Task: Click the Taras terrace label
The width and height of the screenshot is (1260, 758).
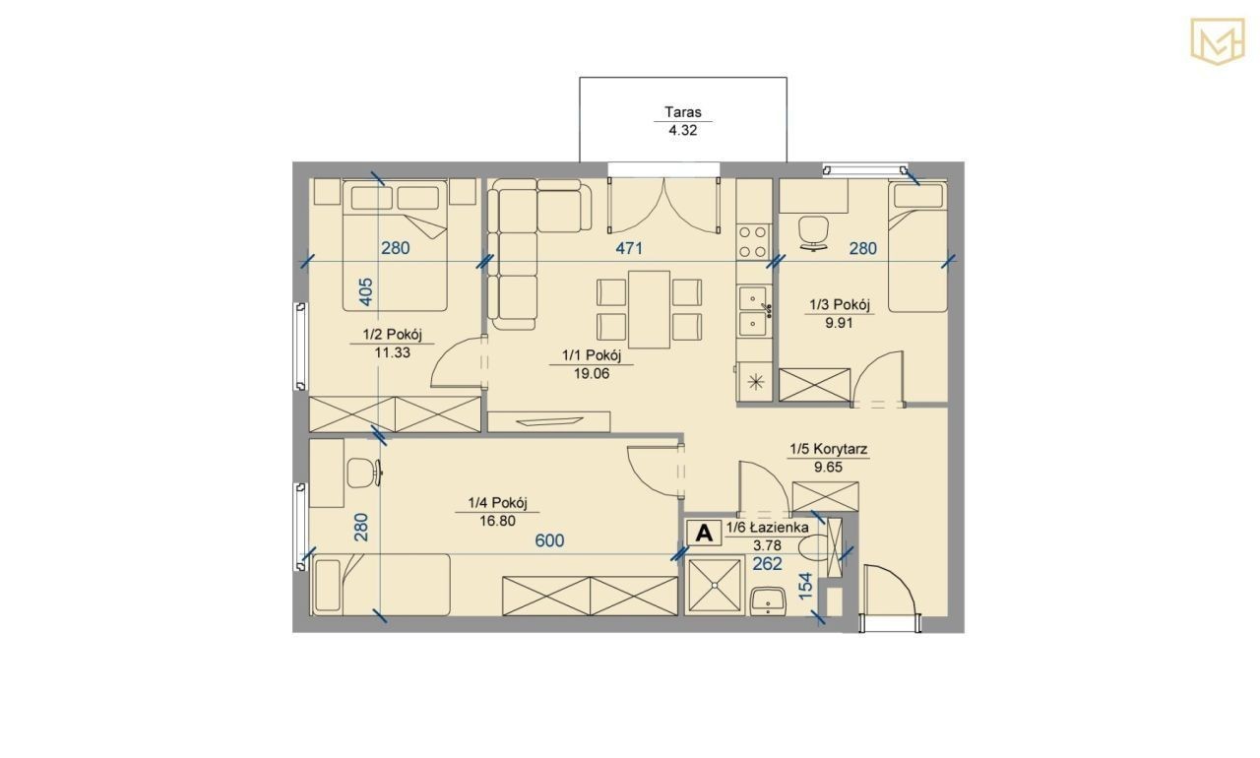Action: pos(683,112)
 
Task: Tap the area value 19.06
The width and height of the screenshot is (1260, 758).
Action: pos(592,373)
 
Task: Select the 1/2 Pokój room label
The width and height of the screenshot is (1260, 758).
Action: pos(392,335)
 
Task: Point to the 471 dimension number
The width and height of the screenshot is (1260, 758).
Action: pos(629,248)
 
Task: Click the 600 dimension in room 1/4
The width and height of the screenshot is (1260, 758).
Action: pos(549,540)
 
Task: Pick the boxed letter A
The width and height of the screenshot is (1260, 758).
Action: pos(704,532)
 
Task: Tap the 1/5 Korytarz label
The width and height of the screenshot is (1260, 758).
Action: pos(828,449)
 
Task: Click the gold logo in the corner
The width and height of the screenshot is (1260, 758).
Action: pos(1217,41)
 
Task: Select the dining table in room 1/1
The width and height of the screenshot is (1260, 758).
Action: pos(649,310)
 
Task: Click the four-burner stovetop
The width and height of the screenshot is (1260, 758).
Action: pos(753,241)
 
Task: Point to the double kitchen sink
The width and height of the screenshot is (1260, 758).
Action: pos(753,310)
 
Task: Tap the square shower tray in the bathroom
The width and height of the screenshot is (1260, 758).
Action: pos(716,585)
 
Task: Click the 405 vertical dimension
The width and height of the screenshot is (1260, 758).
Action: pos(365,291)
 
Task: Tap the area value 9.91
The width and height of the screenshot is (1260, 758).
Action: pos(839,323)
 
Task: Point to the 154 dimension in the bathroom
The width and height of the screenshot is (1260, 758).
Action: pos(805,586)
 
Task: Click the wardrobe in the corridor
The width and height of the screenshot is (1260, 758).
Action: pos(825,497)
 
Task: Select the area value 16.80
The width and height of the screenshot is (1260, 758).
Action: pos(497,521)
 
